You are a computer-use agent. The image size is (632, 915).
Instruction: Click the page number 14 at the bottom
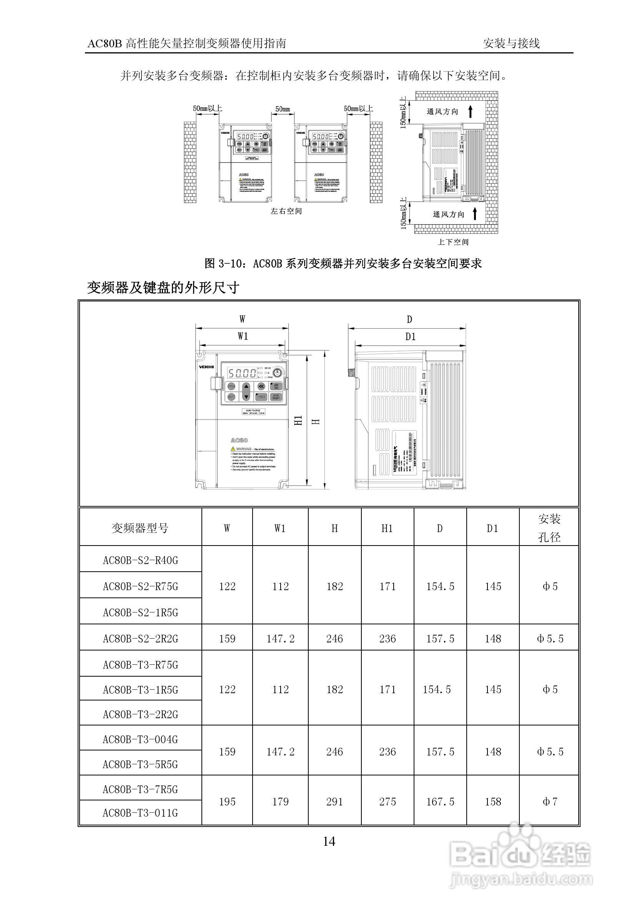[x=329, y=841]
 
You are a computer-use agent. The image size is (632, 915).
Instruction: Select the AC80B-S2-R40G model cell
[x=141, y=560]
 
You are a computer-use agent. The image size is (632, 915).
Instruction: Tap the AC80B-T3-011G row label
[x=141, y=813]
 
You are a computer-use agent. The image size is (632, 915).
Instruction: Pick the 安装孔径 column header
[x=549, y=528]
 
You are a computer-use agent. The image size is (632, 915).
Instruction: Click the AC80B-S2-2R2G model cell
[x=141, y=639]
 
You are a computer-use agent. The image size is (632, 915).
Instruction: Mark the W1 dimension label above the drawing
[x=243, y=336]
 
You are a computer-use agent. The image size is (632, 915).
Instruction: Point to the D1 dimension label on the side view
[x=411, y=336]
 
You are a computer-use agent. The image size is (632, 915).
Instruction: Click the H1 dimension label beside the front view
[x=299, y=420]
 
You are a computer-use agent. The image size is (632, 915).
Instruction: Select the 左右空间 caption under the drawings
[x=286, y=211]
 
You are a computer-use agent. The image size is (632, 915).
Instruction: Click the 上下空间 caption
[x=453, y=242]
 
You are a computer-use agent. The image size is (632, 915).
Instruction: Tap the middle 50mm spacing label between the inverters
[x=283, y=109]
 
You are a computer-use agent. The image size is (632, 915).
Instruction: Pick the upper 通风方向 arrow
[x=470, y=111]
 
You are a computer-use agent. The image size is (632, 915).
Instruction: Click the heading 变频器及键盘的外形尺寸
[x=163, y=288]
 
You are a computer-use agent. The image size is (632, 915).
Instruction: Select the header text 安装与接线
[x=511, y=43]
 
